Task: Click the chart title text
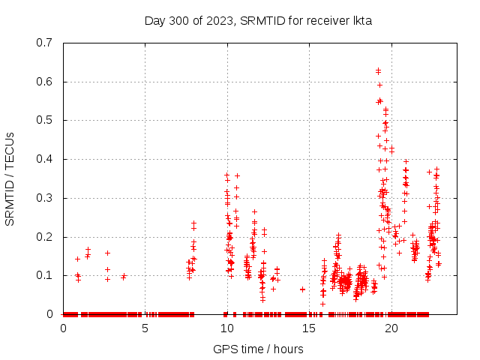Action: [x=258, y=21]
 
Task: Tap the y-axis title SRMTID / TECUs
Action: [x=10, y=178]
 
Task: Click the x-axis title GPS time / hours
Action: [x=258, y=349]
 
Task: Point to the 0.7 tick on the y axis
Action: [x=48, y=43]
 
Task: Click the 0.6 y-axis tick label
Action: [x=48, y=82]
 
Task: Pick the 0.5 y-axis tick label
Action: [x=48, y=120]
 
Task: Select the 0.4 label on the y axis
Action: [x=48, y=159]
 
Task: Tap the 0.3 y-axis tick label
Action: [x=48, y=198]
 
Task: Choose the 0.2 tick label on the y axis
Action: [x=48, y=236]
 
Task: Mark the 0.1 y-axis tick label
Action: [x=48, y=275]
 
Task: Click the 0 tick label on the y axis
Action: [x=53, y=314]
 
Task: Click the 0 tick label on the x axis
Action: [x=63, y=328]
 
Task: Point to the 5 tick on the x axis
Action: [x=145, y=328]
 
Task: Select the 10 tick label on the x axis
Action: [x=226, y=328]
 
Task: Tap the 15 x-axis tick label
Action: [x=308, y=328]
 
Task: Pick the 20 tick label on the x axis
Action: [x=390, y=328]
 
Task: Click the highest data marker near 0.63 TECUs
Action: [x=378, y=70]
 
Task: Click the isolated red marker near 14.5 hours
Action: [x=302, y=289]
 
